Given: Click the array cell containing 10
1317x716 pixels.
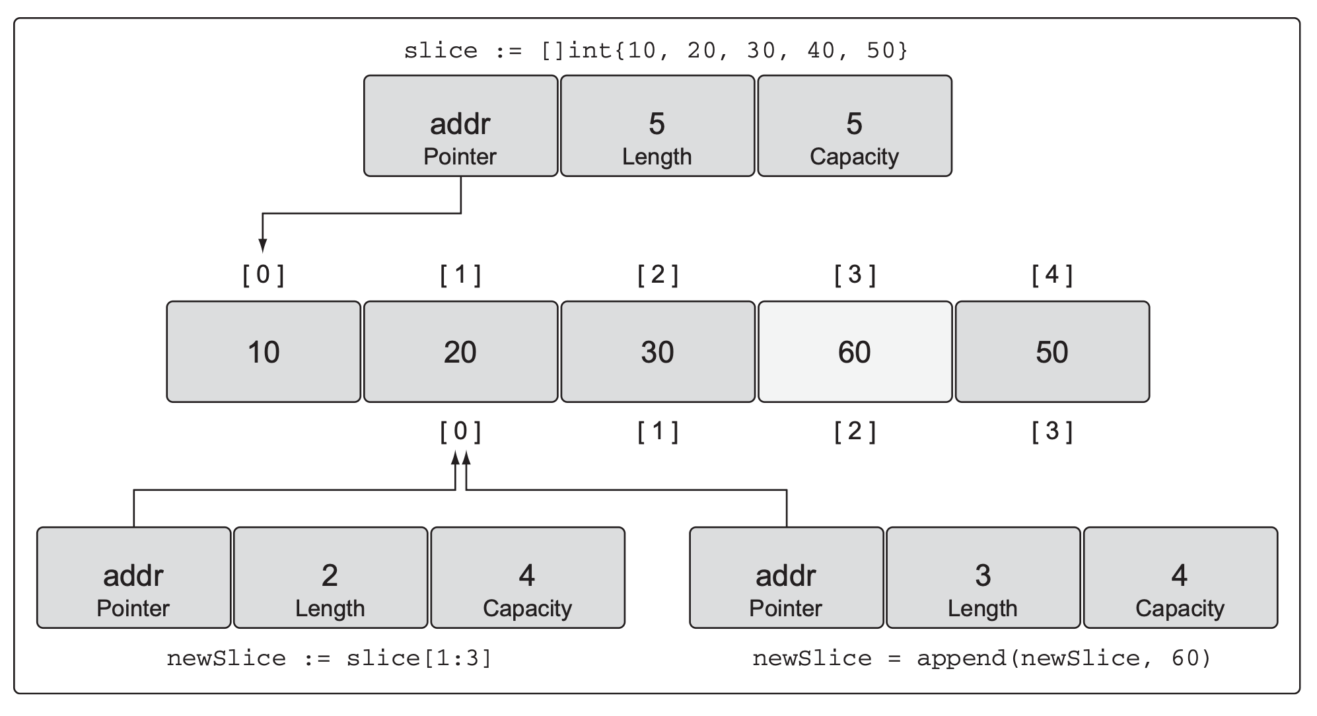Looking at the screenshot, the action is [264, 351].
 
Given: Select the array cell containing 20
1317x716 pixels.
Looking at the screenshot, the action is [460, 351].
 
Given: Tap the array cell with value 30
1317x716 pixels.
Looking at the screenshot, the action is [658, 351].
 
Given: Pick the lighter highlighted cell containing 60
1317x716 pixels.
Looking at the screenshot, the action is [855, 351].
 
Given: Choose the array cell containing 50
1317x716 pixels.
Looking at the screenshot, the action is [1052, 351].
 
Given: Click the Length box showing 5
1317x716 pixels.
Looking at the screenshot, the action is [657, 125].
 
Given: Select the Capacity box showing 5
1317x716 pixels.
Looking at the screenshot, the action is [855, 125].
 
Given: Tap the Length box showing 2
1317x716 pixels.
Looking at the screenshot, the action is [330, 577].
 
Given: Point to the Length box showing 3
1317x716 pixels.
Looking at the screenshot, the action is [983, 577].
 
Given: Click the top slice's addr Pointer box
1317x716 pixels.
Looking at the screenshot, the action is [460, 125].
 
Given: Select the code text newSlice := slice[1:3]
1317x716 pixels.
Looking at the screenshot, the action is [330, 659].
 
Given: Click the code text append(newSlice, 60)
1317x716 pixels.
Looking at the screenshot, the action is [1064, 659].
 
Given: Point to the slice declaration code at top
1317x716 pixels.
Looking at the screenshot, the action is [657, 51].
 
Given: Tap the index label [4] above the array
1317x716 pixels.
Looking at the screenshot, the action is [1052, 275].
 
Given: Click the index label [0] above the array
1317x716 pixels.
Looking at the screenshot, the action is [264, 275].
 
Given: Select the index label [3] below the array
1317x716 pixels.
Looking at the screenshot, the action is [1052, 432].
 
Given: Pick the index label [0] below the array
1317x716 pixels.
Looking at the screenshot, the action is [460, 432].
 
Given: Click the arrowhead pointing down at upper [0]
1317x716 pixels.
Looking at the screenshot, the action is [263, 246].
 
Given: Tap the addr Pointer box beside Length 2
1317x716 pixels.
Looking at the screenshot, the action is [133, 577].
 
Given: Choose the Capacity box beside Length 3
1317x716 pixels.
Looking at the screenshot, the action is [1180, 577].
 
